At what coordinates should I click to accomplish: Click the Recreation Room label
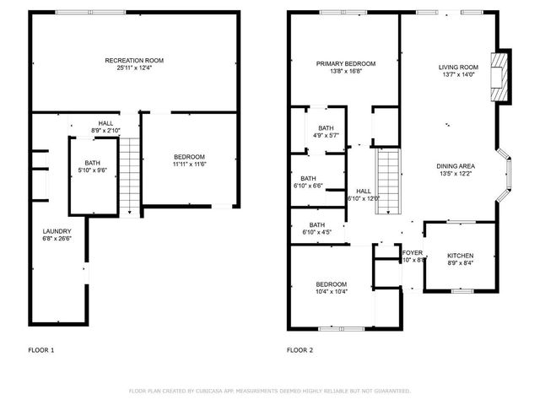133,61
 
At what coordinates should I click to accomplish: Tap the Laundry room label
57,231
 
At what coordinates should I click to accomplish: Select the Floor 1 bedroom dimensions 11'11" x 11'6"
189,164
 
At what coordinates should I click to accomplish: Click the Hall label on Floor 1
105,123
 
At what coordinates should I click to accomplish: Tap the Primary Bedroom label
346,64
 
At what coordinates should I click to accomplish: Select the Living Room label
458,68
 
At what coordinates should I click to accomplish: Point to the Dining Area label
458,166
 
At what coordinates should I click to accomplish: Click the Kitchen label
460,256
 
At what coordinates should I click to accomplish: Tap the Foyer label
412,252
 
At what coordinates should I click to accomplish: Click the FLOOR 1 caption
41,349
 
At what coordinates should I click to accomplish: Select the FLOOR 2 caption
300,349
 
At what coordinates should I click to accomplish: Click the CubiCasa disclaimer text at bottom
269,391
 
